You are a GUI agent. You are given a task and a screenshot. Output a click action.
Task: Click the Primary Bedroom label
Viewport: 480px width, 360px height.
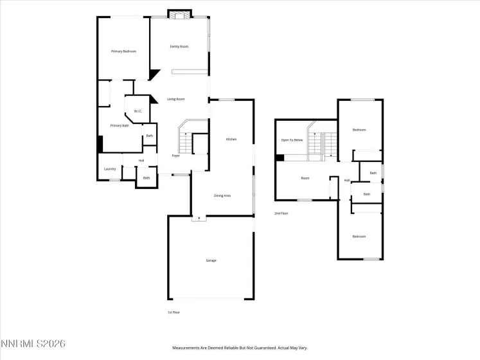point(123,51)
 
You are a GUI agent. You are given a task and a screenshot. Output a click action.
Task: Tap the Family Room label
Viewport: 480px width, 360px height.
point(179,47)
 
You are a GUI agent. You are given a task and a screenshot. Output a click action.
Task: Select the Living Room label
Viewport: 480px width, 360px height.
point(176,99)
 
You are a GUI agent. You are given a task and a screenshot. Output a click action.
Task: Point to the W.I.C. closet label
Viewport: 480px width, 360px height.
point(138,112)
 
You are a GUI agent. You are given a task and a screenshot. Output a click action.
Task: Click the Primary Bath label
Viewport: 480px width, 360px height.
point(120,126)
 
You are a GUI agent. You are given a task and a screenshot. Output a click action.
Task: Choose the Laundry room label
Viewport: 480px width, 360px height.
point(110,169)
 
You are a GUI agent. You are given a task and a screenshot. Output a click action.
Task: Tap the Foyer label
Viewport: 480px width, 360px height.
point(175,156)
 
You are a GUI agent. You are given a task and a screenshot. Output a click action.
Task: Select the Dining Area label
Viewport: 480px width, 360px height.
point(222,195)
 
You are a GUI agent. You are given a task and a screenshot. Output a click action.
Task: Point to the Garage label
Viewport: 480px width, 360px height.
point(211,260)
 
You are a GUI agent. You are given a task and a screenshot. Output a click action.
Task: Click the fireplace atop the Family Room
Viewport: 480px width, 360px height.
point(179,14)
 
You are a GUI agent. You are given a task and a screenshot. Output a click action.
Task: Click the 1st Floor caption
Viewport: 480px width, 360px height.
point(173,312)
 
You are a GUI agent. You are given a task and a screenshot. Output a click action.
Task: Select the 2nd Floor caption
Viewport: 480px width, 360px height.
point(281,213)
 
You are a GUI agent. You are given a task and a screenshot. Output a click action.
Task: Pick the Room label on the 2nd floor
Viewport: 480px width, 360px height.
point(305,178)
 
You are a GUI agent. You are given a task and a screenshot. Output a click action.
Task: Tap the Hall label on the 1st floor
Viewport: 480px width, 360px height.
point(141,160)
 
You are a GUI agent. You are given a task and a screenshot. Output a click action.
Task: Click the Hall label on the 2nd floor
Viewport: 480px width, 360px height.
point(347,181)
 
